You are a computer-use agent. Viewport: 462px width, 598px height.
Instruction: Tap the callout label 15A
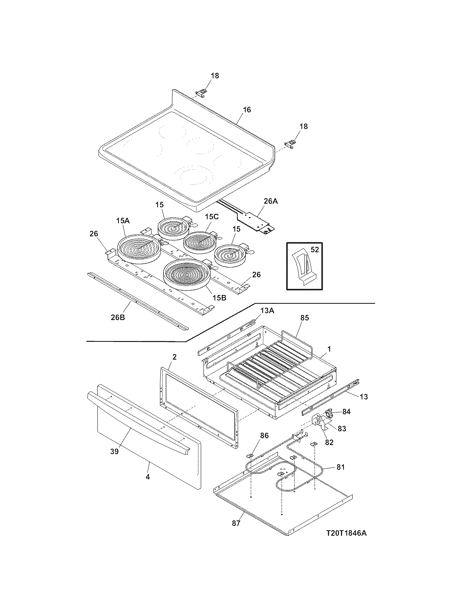123,220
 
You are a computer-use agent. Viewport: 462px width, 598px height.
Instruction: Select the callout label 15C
212,217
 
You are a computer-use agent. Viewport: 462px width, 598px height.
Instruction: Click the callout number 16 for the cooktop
246,109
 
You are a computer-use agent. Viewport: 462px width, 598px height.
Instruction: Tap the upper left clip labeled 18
201,93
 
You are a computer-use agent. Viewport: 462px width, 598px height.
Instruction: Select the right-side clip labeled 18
290,144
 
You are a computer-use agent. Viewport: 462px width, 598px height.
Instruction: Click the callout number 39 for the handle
115,451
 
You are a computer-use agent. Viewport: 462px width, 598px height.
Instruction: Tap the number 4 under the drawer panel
147,477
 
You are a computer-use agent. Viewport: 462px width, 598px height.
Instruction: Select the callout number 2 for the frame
174,357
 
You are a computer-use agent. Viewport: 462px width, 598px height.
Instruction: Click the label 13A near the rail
267,311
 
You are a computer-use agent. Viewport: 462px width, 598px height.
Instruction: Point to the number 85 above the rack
304,317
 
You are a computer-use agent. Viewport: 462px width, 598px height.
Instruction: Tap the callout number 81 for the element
341,467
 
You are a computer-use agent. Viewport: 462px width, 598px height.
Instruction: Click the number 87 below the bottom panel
236,523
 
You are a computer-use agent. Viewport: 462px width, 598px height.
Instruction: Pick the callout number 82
329,442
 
